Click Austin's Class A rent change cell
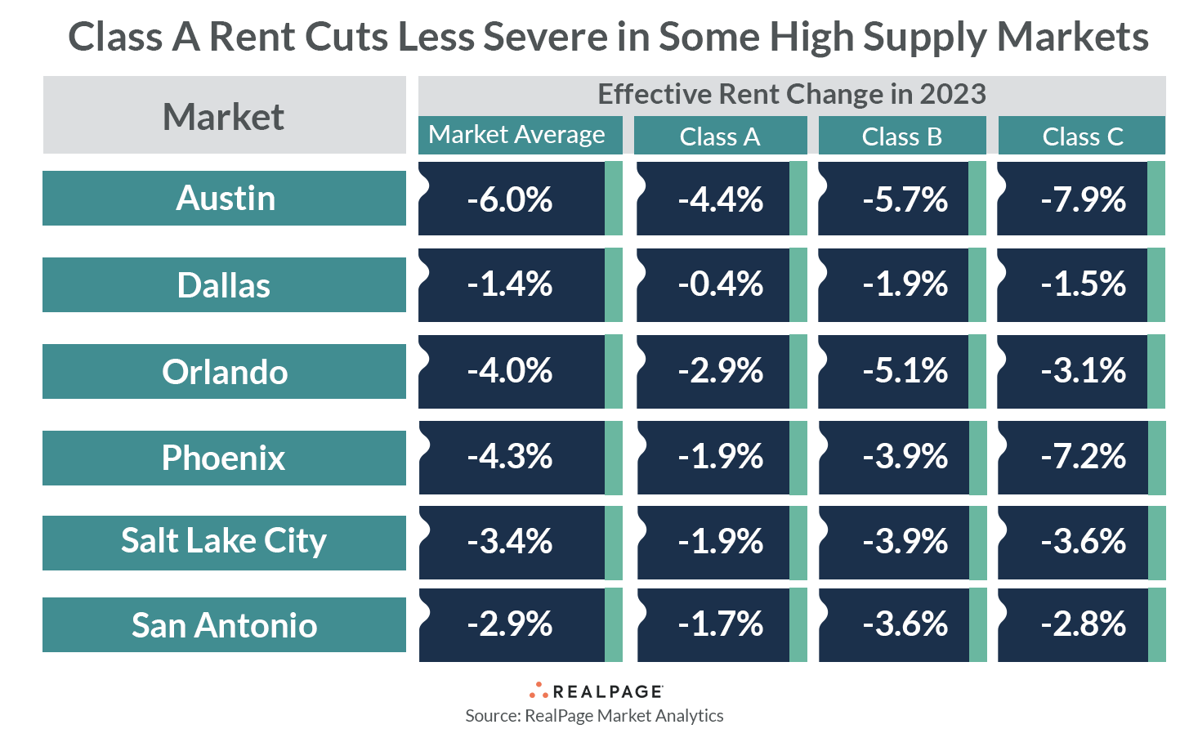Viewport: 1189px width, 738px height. coord(720,199)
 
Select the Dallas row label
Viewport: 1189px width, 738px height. coord(224,285)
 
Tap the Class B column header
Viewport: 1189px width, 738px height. coord(901,136)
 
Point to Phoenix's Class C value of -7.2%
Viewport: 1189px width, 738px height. coord(1082,457)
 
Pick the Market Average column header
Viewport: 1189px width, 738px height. coord(518,135)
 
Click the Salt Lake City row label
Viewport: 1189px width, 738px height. coord(224,542)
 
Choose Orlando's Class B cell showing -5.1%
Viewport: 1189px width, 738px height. coord(904,371)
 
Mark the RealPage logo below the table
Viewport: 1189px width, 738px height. coord(596,691)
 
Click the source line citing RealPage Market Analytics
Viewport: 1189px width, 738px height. coord(594,716)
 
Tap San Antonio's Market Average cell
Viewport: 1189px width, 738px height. coord(511,625)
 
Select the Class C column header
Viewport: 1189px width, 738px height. coord(1082,136)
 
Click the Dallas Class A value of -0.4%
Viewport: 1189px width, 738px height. coord(720,285)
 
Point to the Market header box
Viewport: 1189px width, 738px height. coord(224,116)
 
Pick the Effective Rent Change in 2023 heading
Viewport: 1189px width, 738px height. coord(791,95)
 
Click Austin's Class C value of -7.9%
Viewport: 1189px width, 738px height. coord(1082,199)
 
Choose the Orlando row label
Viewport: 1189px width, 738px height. coord(224,372)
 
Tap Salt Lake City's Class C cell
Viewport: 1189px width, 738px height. coord(1082,542)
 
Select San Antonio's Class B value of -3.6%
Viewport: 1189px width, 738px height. coord(904,625)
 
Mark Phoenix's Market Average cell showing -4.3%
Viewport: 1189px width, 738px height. coord(511,457)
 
